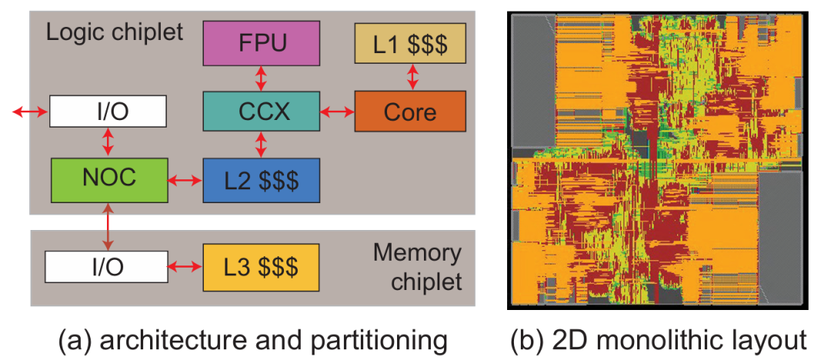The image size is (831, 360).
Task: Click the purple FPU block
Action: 260,43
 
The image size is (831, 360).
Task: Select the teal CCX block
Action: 260,112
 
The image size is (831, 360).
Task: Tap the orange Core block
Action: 409,112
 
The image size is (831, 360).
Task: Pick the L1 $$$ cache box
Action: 409,43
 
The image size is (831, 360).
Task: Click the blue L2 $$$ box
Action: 260,180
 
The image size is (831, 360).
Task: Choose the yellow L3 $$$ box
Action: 260,268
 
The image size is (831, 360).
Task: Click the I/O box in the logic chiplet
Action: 108,112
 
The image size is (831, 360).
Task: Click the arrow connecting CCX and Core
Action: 335,112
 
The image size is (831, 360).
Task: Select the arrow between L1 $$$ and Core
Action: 413,77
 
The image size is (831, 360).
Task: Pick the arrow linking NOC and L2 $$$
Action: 185,181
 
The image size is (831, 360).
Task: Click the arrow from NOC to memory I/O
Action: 108,228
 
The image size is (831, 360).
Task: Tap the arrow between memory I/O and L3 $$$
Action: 185,268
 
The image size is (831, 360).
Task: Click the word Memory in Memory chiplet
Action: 416,253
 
